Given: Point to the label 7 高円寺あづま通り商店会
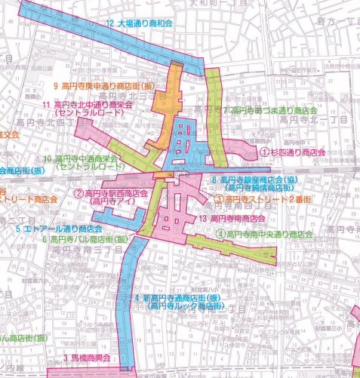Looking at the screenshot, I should coord(270,110).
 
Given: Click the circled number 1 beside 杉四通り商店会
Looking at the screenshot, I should coord(264,152).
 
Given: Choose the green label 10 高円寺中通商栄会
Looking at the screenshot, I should coord(82,159).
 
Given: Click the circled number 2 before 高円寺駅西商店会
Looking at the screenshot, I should coord(78,193).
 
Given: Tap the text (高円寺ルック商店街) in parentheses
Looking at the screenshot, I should coord(186,307).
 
